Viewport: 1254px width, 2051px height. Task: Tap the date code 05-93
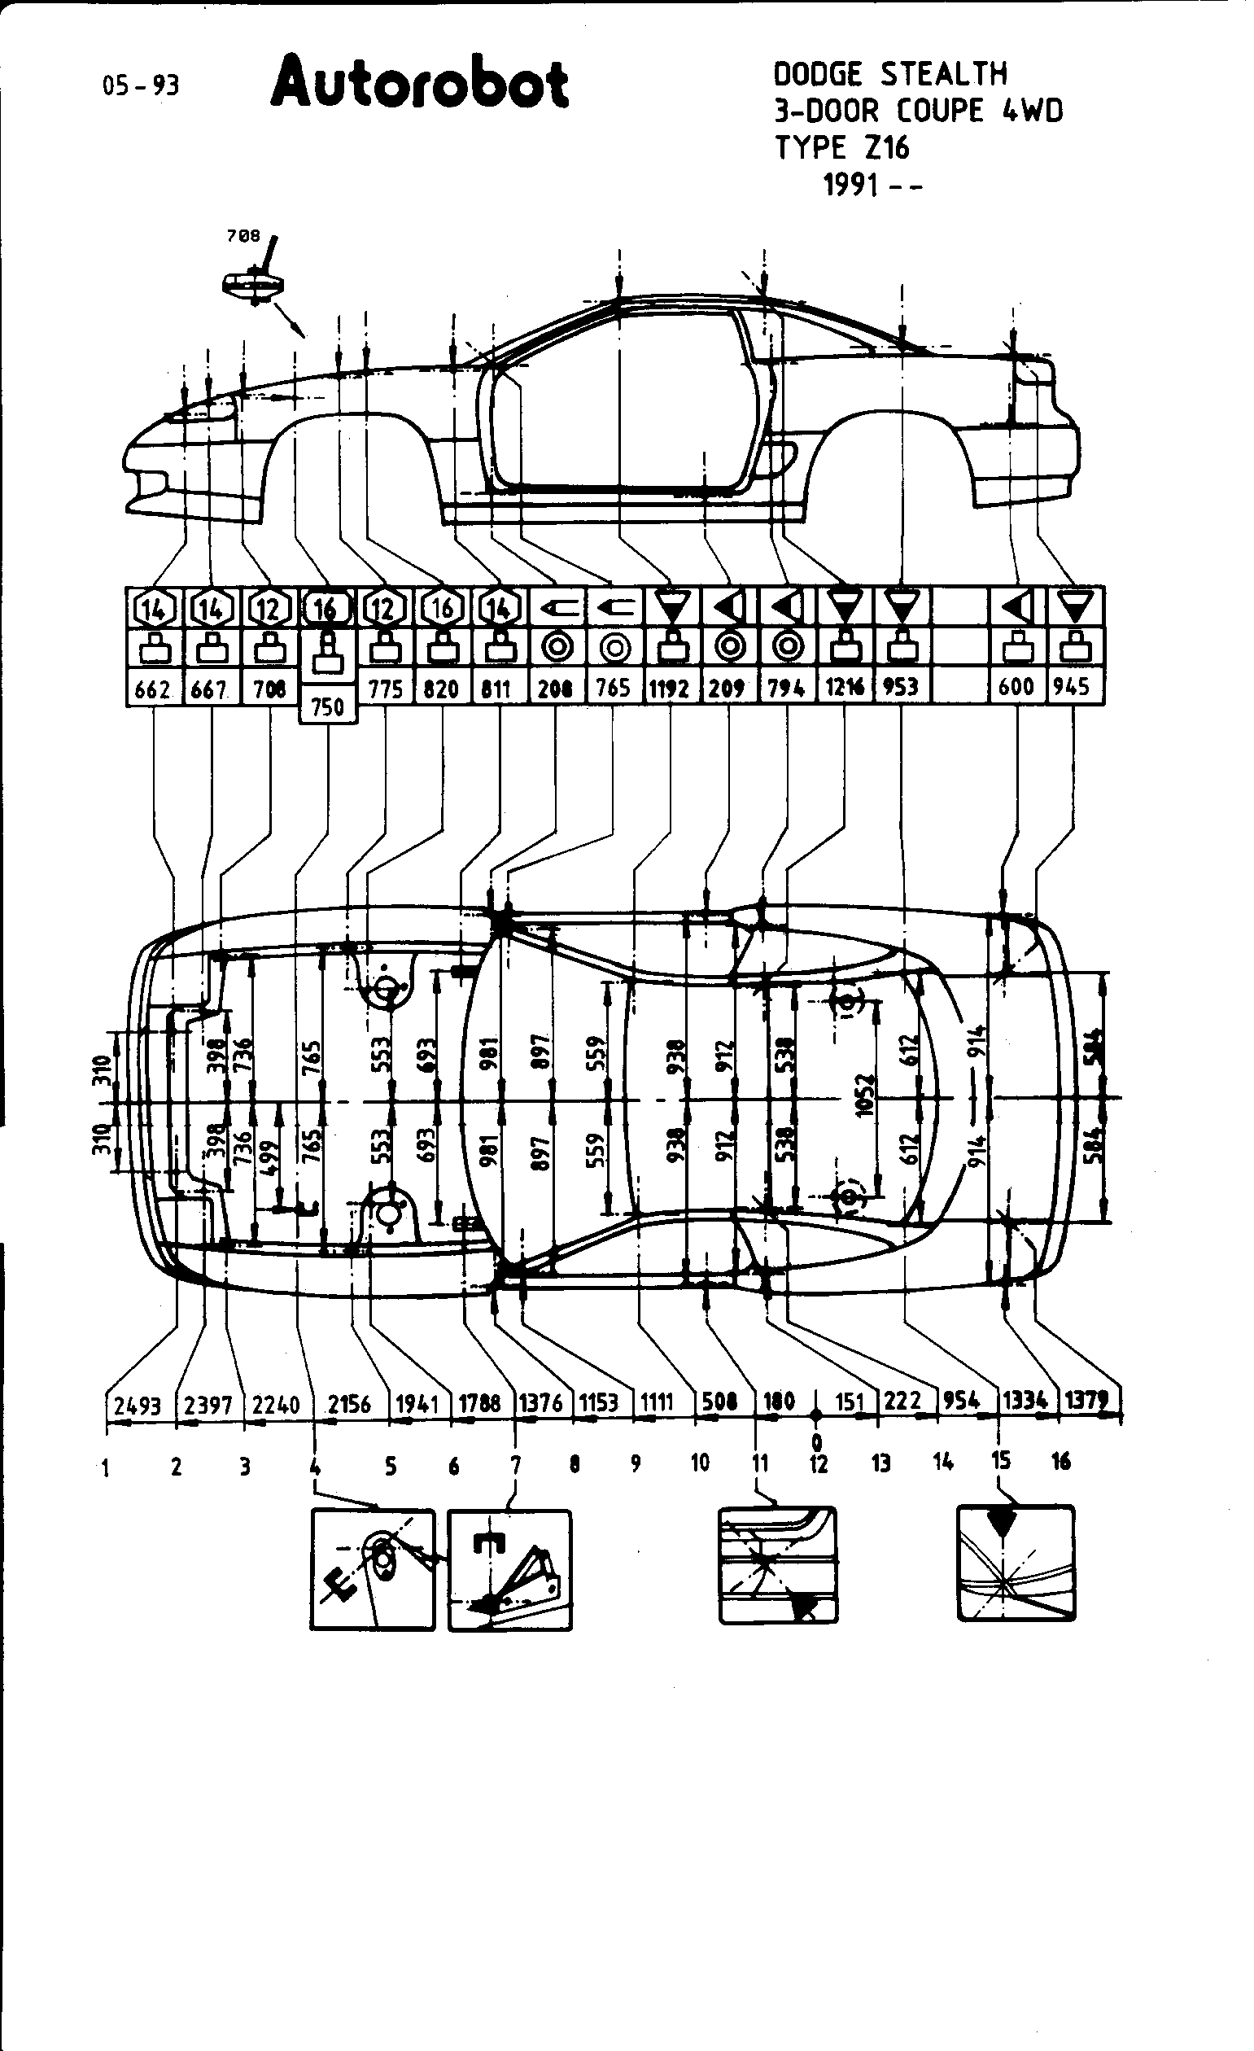coord(141,85)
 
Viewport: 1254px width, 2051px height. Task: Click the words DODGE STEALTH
coord(889,75)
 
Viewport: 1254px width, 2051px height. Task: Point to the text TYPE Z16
coord(842,148)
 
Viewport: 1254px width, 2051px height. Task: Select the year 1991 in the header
coord(851,185)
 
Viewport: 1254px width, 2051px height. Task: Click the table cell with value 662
coord(153,689)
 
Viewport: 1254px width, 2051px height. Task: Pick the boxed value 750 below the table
coord(328,706)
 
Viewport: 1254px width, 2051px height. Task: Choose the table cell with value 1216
coord(845,688)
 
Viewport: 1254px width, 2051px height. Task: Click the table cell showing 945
coord(1072,687)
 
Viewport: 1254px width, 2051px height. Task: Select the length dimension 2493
coord(138,1406)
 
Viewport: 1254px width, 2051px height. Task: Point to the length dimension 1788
coord(480,1403)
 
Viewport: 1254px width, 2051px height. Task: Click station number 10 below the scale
coord(700,1463)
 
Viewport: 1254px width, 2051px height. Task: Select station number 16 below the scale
coord(1060,1461)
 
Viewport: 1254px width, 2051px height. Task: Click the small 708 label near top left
coord(243,236)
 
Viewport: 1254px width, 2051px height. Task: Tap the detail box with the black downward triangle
coord(1016,1563)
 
